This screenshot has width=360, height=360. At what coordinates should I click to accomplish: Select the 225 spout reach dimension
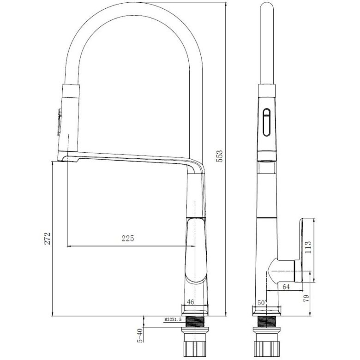[x=127, y=239]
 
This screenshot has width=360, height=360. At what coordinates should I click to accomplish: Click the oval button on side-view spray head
[x=266, y=123]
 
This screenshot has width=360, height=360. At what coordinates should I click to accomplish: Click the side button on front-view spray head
[x=59, y=122]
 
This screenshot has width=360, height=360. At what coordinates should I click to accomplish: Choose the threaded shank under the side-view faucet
[x=266, y=322]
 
